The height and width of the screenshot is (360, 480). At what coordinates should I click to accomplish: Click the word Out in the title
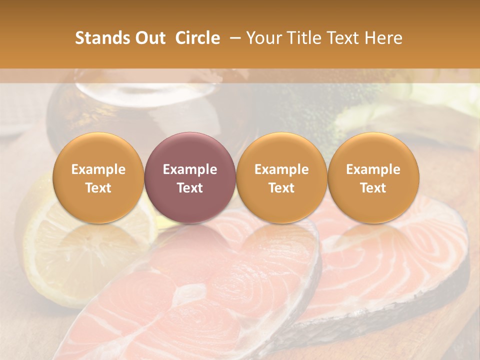[150, 38]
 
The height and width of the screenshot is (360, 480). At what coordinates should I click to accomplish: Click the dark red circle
[190, 177]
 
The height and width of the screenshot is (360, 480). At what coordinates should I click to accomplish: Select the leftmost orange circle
[98, 177]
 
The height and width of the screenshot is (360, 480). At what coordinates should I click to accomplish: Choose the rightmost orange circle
[373, 177]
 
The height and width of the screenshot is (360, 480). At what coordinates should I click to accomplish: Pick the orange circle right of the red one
[281, 177]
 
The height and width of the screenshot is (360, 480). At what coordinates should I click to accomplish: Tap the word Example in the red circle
[190, 169]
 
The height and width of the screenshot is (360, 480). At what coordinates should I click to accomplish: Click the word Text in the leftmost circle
[98, 188]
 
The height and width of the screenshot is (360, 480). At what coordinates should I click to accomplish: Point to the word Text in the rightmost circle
[373, 188]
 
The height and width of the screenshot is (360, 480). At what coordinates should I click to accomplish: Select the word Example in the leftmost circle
[98, 169]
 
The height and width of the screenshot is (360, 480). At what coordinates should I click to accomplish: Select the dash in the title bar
[233, 38]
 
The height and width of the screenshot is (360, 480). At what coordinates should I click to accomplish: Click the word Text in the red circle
[190, 188]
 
